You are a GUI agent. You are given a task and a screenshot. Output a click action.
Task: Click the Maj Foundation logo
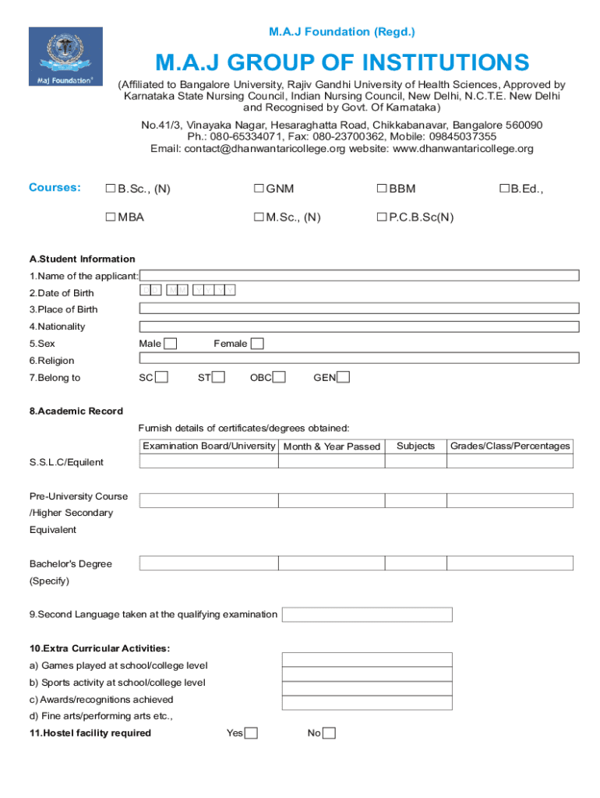[x=65, y=58]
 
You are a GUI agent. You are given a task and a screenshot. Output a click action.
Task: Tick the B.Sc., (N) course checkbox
[x=111, y=189]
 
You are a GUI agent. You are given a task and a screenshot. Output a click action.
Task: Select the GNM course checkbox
[x=258, y=189]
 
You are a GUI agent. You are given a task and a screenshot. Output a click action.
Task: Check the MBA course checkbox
[x=111, y=217]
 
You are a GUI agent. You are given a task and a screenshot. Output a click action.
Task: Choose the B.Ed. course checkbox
[x=504, y=189]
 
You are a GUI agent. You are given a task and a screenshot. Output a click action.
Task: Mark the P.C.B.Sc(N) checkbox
[x=382, y=217]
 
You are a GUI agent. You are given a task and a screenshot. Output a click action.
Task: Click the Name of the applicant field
[x=358, y=275]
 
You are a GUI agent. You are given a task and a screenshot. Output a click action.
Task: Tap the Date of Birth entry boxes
[x=188, y=291]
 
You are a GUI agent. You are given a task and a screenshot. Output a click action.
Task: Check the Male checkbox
[x=171, y=344]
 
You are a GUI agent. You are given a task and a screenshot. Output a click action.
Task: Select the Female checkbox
[x=257, y=344]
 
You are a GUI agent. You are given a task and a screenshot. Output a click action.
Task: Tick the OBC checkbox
[x=279, y=377]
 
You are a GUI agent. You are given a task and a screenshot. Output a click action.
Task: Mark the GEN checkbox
[x=343, y=377]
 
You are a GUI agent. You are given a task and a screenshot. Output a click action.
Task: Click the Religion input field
[x=358, y=358]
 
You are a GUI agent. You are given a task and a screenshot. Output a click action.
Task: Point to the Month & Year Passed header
[x=331, y=447]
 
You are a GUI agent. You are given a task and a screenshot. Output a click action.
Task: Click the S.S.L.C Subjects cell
[x=415, y=461]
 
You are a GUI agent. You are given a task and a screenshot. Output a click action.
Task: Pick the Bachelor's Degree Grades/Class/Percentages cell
[x=510, y=563]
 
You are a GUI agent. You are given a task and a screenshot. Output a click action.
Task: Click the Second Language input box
[x=366, y=614]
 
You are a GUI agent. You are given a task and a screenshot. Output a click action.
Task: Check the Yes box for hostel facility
[x=251, y=733]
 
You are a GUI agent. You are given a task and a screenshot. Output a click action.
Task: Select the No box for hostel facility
[x=329, y=733]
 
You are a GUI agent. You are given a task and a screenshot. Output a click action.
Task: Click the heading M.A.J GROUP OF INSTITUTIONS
[x=341, y=62]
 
